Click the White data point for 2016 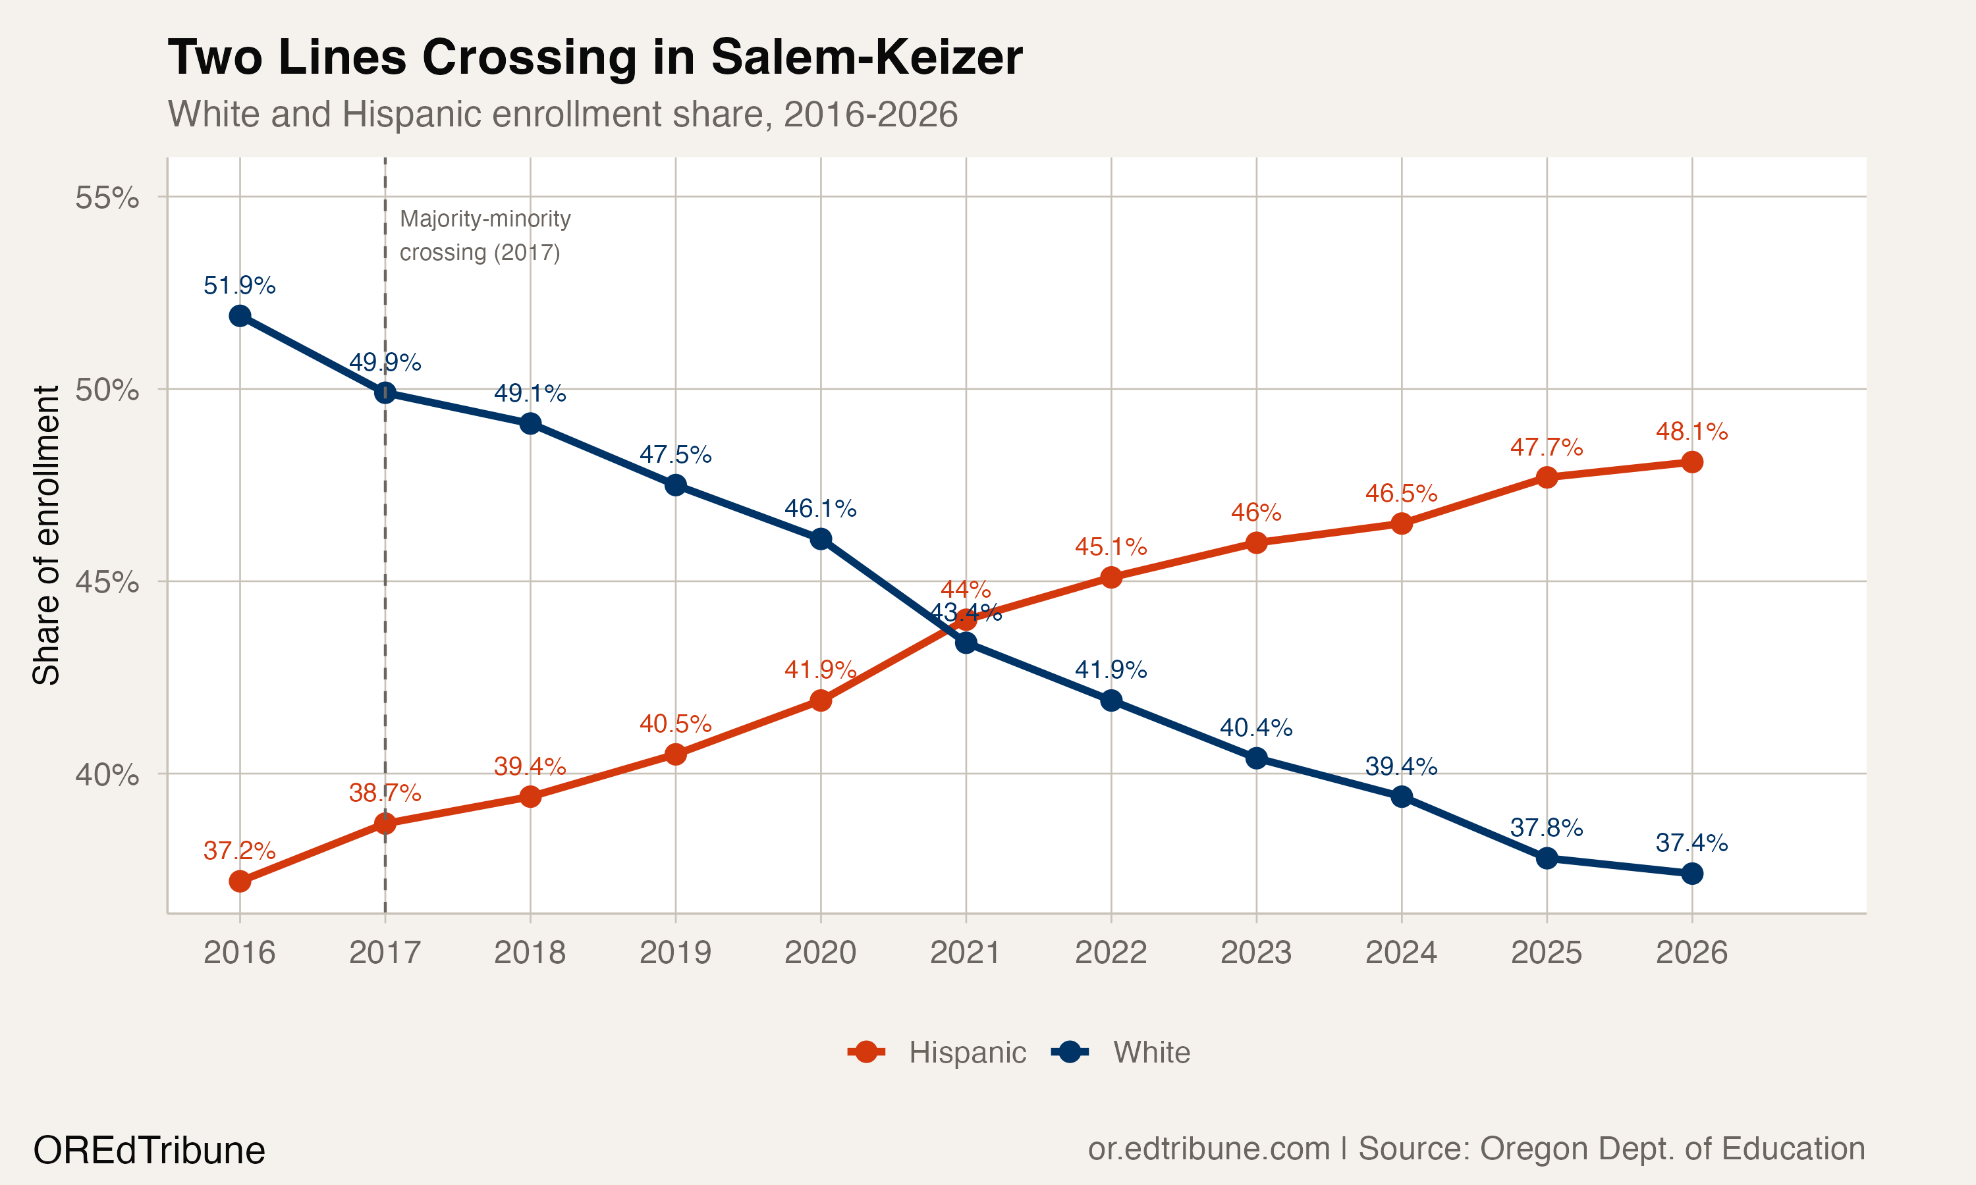point(240,316)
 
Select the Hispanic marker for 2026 point(1691,462)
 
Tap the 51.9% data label point(240,285)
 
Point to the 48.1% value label point(1691,432)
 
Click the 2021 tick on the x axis point(966,952)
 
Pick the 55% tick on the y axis point(107,197)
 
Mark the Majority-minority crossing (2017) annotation point(484,236)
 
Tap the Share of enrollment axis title point(46,535)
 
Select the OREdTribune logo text point(150,1151)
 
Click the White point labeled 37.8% point(1547,858)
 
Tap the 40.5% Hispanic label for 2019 point(675,724)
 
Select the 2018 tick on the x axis point(530,952)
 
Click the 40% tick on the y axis point(107,775)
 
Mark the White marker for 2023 point(1256,758)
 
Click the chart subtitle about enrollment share point(563,114)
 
